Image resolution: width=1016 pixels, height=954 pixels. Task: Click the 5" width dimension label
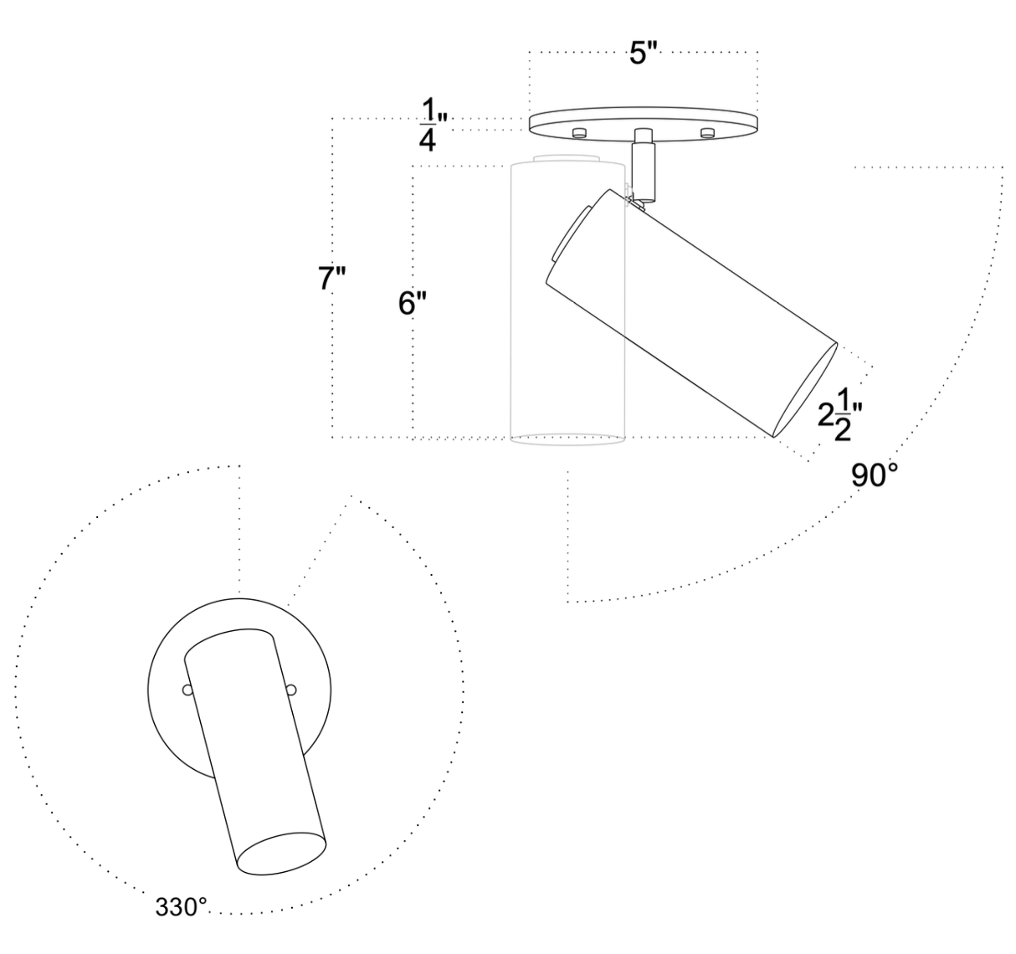(x=644, y=56)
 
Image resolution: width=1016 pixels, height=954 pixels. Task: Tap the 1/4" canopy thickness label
(x=429, y=125)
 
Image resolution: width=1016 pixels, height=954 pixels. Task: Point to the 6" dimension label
(x=413, y=305)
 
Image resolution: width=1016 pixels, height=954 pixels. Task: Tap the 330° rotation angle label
(x=181, y=906)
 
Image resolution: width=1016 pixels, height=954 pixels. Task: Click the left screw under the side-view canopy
(x=577, y=133)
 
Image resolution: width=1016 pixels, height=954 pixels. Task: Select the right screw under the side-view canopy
(x=707, y=132)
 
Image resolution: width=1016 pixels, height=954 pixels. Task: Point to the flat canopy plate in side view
(x=644, y=121)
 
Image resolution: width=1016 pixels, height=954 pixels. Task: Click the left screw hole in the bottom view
(x=187, y=690)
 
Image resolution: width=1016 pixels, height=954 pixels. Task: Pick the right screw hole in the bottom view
(x=291, y=690)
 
